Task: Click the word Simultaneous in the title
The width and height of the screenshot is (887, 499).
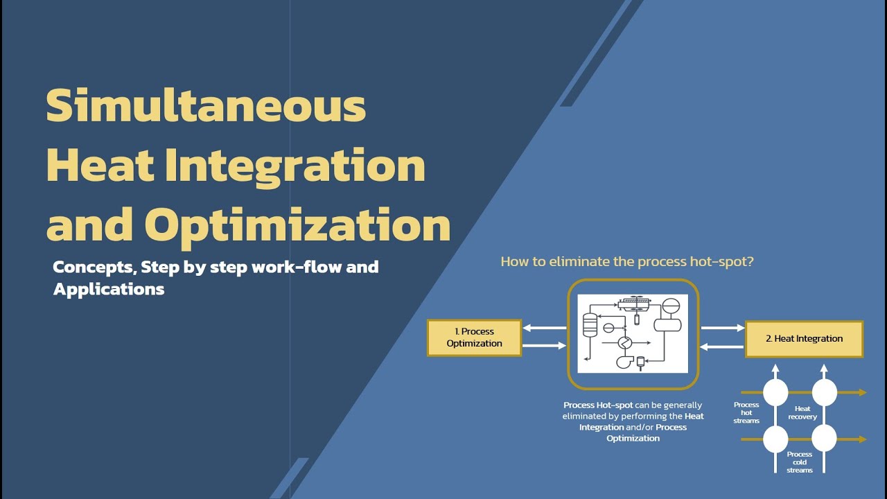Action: point(206,106)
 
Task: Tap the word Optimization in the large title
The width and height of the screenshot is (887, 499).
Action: point(297,225)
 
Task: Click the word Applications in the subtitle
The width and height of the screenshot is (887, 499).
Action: point(109,289)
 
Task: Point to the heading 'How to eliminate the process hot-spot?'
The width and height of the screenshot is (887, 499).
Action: point(626,262)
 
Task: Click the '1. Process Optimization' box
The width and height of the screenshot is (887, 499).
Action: point(474,338)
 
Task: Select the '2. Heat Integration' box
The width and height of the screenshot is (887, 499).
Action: point(804,339)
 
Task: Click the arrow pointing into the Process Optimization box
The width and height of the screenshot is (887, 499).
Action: point(545,328)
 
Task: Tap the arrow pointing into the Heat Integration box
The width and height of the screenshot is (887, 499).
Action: point(722,328)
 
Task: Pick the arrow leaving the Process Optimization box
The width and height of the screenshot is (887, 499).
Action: point(545,345)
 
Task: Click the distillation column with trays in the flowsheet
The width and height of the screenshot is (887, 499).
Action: point(590,325)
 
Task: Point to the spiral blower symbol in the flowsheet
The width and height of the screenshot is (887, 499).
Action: point(622,361)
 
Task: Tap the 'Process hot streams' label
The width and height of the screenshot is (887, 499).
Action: point(746,412)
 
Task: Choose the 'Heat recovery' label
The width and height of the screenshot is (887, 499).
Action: point(802,413)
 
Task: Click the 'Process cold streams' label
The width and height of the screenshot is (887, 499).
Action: point(799,462)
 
